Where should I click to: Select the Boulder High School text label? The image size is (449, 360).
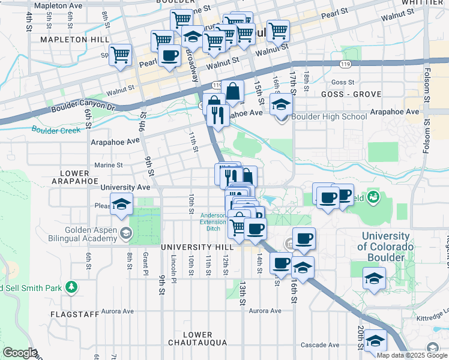click(x=329, y=116)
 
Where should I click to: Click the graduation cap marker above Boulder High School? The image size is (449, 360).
click(x=281, y=104)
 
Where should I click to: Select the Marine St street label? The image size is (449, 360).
click(x=108, y=165)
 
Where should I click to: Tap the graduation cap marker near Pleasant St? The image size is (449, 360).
click(x=121, y=205)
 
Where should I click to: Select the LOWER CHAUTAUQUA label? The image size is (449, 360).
click(x=197, y=338)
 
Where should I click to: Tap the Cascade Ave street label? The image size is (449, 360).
click(x=321, y=345)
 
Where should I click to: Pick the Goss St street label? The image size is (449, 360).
click(x=343, y=82)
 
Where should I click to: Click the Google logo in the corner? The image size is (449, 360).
click(x=20, y=353)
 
